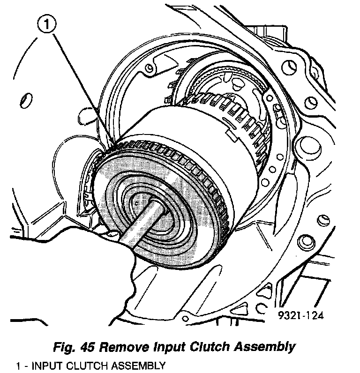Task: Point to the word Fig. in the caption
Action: coord(65,347)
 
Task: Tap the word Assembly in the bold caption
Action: coord(268,347)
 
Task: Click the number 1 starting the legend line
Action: coord(17,366)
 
